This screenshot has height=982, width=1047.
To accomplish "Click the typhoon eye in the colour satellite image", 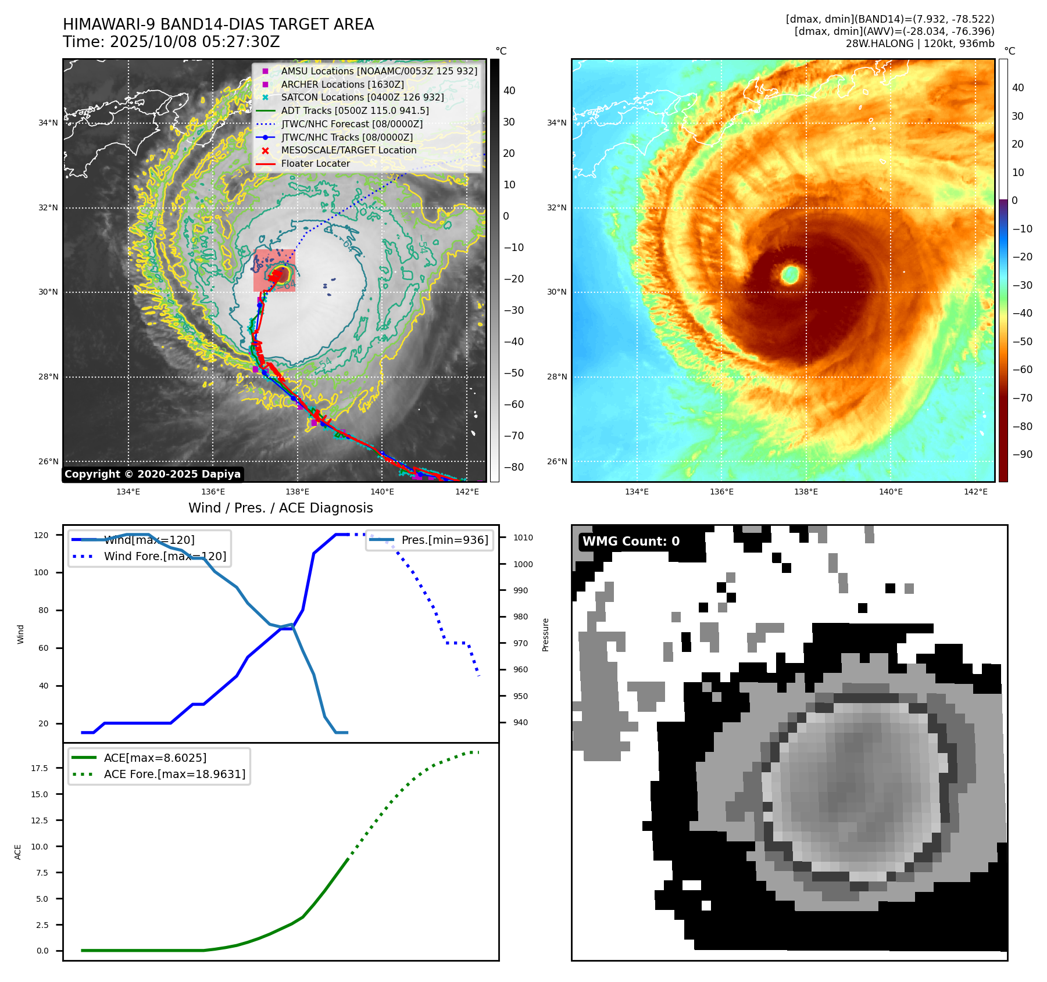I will coord(790,274).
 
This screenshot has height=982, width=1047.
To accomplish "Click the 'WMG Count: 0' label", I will coord(631,542).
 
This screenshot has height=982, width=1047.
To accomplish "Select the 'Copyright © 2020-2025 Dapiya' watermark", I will coord(152,474).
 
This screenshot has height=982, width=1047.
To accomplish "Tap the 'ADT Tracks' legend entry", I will coord(355,110).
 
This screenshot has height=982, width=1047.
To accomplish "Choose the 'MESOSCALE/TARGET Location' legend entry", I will coord(349,150).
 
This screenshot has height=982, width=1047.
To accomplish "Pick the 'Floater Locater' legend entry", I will coord(316,163).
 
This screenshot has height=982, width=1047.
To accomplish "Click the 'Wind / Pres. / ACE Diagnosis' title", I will coord(281,508).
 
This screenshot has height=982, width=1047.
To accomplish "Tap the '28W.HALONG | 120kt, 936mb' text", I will coord(920,44).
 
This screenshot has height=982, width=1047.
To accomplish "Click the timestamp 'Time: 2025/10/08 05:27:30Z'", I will coord(171,42).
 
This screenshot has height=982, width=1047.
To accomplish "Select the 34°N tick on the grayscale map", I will coord(48,123).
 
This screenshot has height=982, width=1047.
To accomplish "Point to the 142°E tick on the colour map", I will coord(975,492).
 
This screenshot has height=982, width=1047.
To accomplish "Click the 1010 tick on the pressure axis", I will coord(523,537).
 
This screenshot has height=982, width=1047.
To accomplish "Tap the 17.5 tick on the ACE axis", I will coord(40,768).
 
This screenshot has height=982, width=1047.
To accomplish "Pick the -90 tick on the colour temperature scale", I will coord(1022,454).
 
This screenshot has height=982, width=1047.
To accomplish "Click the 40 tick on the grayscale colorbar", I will coord(509,91).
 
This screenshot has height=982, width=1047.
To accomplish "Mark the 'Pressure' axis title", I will coord(545,635).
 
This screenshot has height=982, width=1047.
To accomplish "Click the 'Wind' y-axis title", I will coord(20,634).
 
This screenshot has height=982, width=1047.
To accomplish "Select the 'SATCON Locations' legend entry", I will coord(362,97).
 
